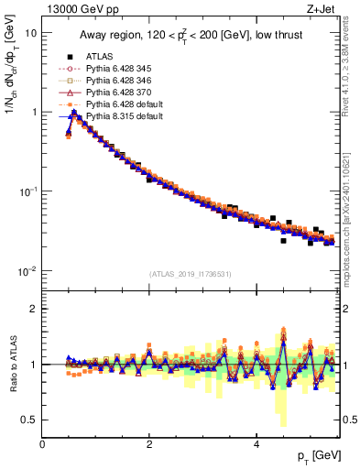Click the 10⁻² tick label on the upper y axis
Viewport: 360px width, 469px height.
tap(27, 271)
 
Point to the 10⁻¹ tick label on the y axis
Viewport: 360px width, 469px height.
tap(27, 191)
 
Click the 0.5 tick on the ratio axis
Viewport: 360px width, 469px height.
tap(29, 420)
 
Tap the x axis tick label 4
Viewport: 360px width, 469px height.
tap(256, 444)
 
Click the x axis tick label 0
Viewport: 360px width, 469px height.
tap(43, 444)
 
